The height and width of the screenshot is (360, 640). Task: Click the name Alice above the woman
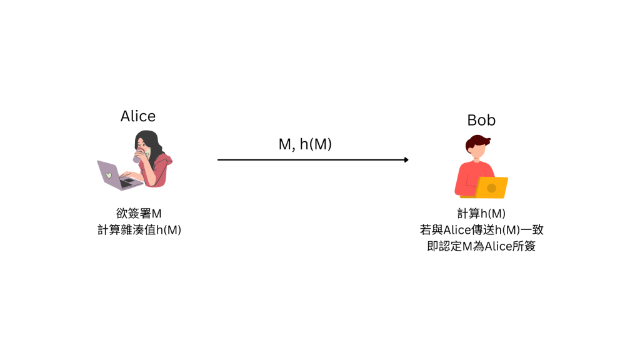tap(138, 116)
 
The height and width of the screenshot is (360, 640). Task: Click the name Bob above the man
tap(481, 120)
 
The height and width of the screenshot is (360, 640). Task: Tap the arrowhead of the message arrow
tap(406, 160)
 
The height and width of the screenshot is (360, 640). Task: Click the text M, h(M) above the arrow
tap(305, 144)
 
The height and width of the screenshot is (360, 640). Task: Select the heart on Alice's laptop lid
tap(109, 175)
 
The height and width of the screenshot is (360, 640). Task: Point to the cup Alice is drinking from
tap(138, 156)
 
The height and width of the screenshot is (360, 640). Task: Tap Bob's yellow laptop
tap(491, 187)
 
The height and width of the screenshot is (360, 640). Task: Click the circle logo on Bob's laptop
tap(492, 188)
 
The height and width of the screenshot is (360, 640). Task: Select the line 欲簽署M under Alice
tap(139, 214)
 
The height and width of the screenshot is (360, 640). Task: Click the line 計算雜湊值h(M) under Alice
tap(139, 230)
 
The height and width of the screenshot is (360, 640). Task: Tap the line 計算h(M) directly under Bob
tap(481, 214)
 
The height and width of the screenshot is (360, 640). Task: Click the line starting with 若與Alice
tap(481, 230)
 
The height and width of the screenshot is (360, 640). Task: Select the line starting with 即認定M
tap(481, 246)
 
